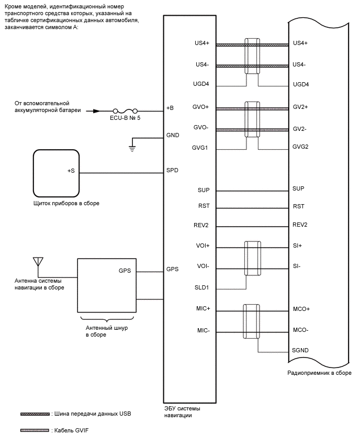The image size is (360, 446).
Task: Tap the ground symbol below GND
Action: [132, 149]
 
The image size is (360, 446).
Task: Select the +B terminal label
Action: [170, 108]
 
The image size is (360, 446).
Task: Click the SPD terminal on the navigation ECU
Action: [172, 171]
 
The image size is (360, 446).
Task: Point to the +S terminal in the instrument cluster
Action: [71, 171]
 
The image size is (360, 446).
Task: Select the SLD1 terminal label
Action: [203, 288]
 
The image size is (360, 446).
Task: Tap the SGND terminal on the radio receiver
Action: [300, 351]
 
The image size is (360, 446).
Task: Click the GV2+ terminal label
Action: [300, 107]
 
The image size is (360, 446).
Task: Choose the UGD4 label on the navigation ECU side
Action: [201, 84]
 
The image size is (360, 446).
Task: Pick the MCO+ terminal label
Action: [301, 309]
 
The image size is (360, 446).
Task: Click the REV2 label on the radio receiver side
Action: [300, 225]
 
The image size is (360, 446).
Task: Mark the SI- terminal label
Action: [297, 266]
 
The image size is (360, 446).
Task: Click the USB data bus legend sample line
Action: [35, 414]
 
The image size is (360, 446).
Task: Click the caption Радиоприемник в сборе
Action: [319, 373]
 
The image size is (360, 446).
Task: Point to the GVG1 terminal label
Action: [201, 148]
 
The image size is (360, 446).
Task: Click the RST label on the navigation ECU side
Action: [204, 207]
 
